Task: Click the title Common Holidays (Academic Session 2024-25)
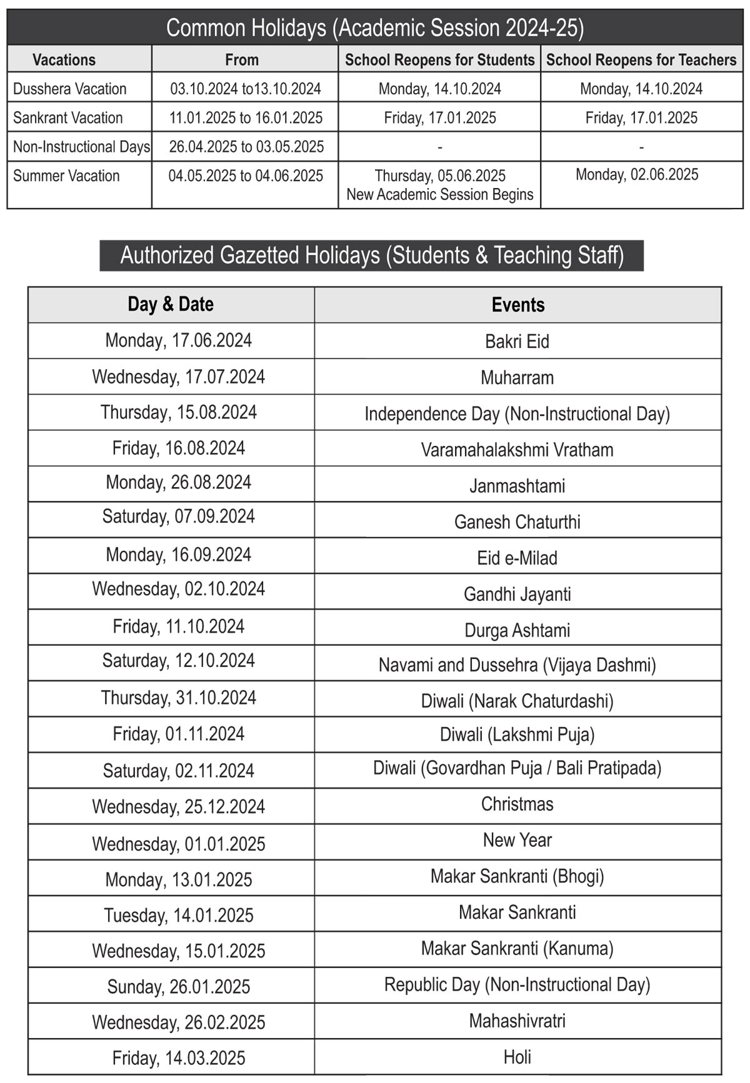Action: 375,28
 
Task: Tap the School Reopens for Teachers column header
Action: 641,60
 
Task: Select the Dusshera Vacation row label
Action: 70,89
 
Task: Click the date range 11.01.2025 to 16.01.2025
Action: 246,117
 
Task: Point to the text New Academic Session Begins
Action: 440,194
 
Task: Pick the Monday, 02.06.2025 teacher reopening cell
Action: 637,175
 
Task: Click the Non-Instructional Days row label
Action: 81,147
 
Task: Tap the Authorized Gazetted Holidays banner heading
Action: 372,255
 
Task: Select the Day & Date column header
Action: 171,304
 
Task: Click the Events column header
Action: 518,305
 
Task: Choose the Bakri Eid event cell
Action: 517,342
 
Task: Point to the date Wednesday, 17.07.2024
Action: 179,377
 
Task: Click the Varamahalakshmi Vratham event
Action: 517,450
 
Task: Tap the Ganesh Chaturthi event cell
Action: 517,522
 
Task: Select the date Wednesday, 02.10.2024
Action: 179,589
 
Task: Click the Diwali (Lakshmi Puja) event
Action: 517,734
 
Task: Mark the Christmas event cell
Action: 517,804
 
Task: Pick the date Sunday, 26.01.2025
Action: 179,987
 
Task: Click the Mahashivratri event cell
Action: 517,1021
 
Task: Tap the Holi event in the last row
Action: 517,1057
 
